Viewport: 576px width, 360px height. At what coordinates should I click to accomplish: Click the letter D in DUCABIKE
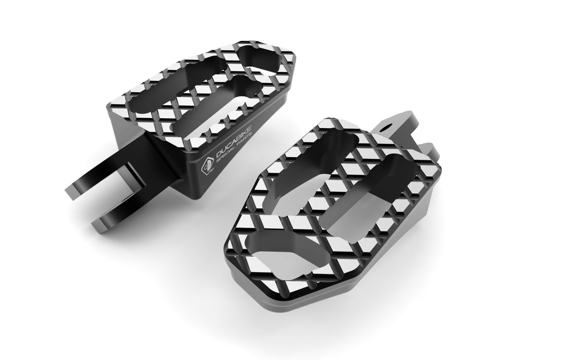click(218, 155)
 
